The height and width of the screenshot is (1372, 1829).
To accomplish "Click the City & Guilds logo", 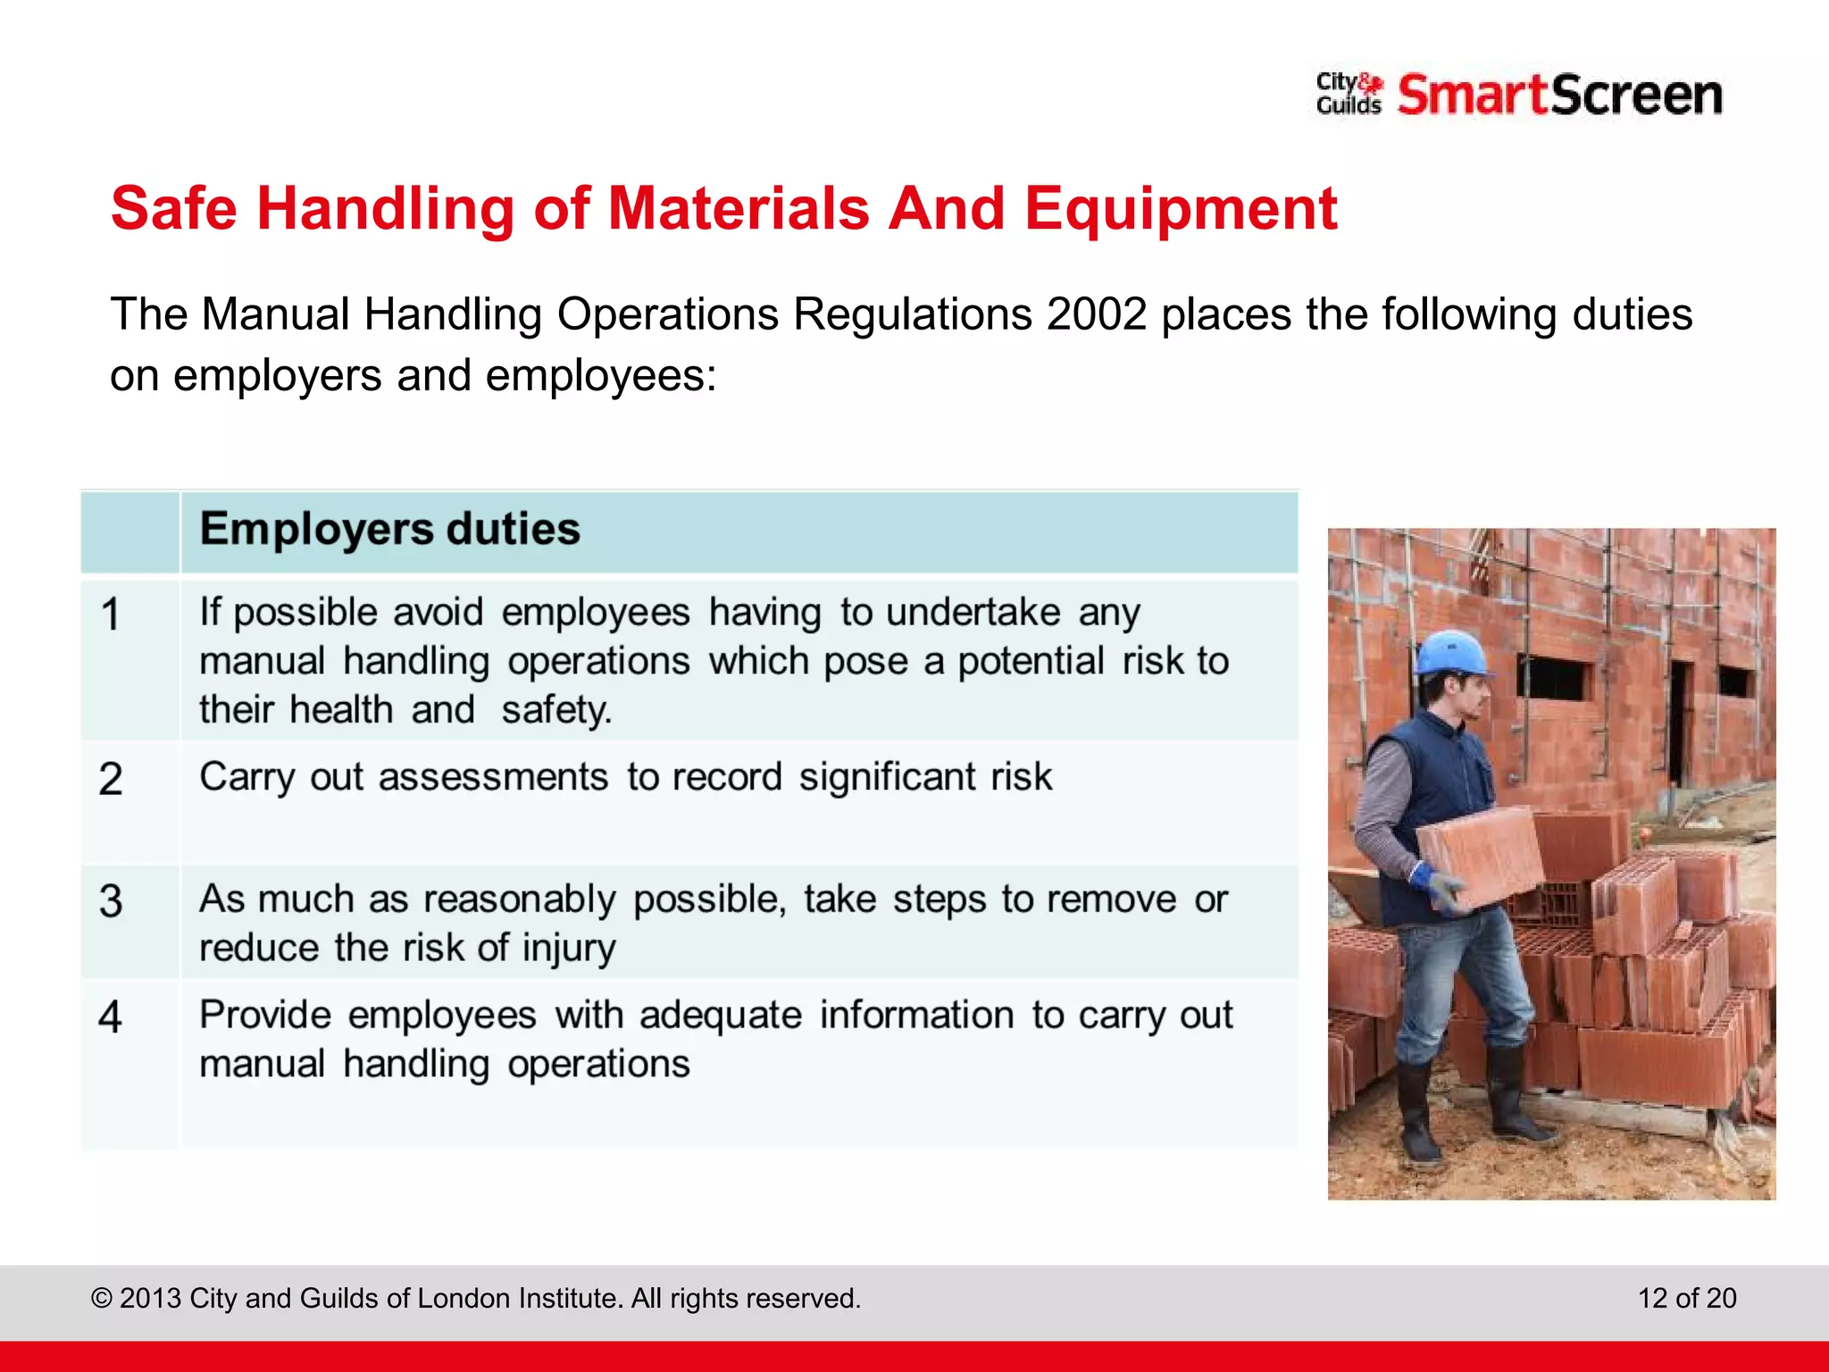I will [1348, 94].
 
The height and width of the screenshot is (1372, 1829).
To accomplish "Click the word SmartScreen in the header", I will [1559, 95].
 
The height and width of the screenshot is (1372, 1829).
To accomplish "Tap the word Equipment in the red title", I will [1180, 208].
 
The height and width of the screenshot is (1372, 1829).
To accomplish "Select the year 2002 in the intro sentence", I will [1096, 314].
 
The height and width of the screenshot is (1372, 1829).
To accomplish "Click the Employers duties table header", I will [389, 529].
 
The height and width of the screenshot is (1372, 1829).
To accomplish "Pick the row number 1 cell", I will [111, 615].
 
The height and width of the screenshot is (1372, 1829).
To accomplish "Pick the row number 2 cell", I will [111, 779].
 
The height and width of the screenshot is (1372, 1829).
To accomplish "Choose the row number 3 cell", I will [111, 900].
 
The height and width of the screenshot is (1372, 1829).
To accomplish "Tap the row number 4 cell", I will [111, 1016].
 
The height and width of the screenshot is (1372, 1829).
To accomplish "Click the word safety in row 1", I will [555, 710].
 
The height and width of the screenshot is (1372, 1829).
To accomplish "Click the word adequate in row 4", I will [720, 1016].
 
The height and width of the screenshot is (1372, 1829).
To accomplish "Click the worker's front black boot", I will [1420, 1117].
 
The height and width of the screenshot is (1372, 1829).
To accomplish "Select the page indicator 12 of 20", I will [1686, 1298].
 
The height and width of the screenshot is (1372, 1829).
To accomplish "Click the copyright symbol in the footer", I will [102, 1298].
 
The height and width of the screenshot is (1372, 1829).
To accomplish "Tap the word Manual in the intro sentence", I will [275, 314].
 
